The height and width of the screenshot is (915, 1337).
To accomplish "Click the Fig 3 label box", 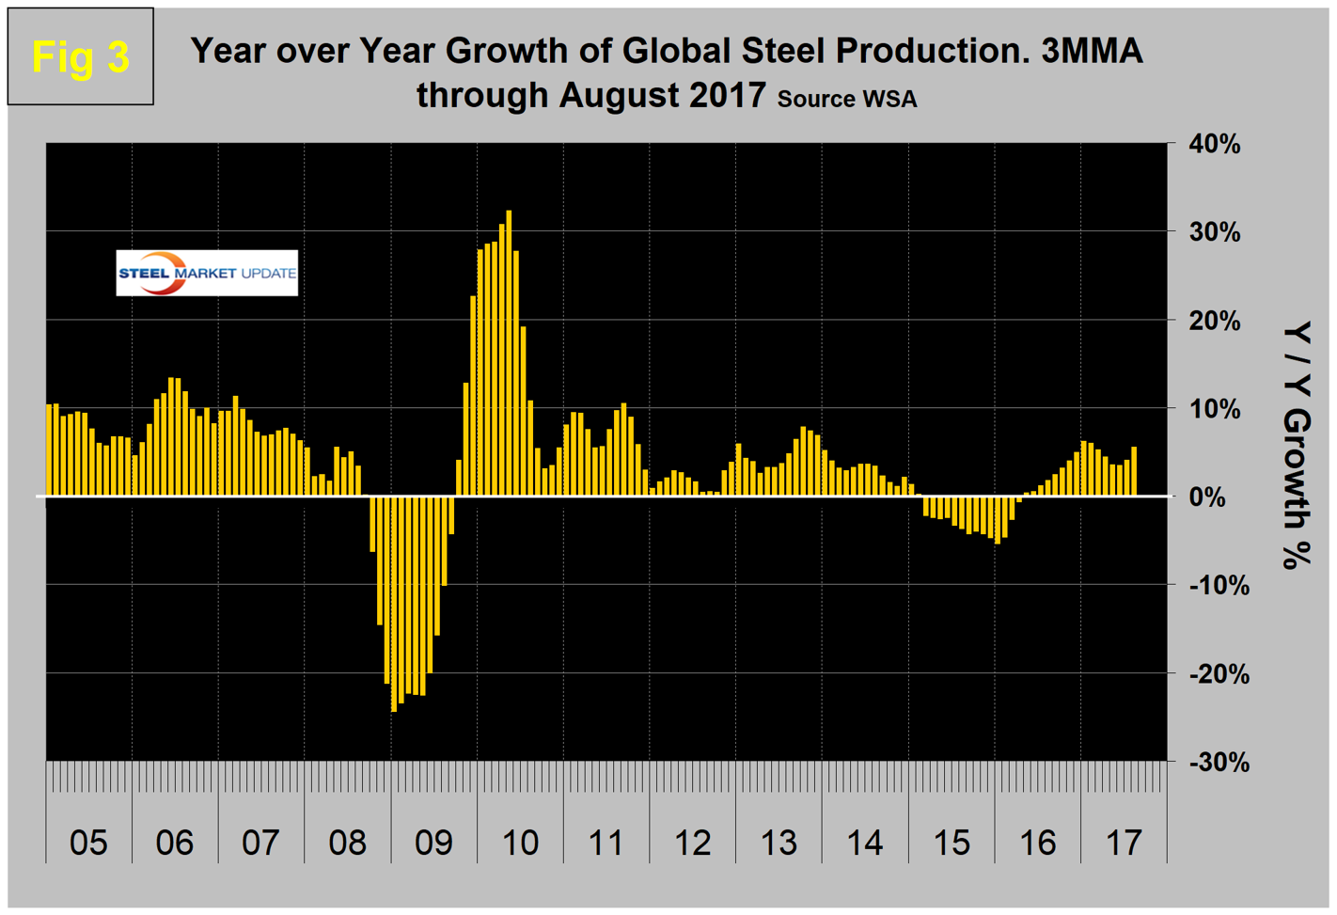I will (80, 56).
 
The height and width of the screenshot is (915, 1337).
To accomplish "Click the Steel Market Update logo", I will (207, 273).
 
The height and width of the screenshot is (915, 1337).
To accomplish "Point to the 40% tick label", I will (1215, 145).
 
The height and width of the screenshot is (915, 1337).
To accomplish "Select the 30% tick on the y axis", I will (1215, 232).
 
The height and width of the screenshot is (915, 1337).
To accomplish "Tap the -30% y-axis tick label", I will (1219, 762).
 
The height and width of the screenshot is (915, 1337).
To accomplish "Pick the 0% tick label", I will (1207, 497).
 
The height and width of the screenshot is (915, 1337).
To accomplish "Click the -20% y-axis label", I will (1219, 674).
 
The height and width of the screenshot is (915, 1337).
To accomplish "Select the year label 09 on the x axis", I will (433, 843).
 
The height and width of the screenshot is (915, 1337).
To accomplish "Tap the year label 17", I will (1124, 843).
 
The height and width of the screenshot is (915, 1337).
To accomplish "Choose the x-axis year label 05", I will (88, 843).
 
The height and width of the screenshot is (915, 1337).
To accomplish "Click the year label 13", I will (779, 843).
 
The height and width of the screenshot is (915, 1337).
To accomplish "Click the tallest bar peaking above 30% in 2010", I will (509, 353).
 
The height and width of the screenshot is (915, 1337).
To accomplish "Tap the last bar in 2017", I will (1134, 471).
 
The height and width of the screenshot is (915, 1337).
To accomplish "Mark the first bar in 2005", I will (50, 450).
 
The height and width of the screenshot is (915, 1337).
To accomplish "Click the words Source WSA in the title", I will (846, 99).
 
